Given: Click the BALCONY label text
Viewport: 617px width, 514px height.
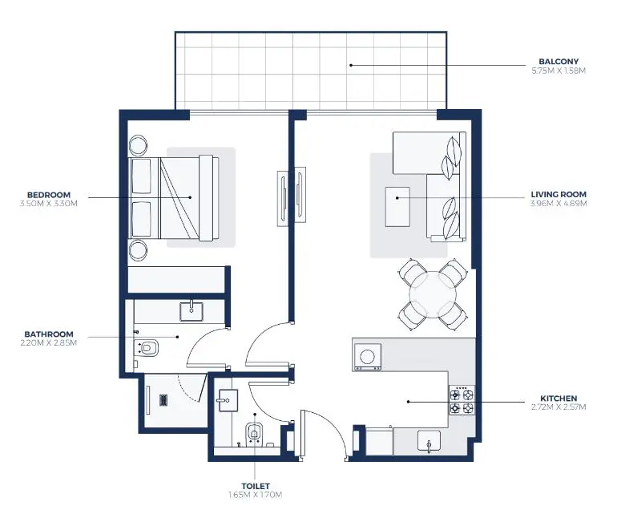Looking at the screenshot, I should pos(559,61).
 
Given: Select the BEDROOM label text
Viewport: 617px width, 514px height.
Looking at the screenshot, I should pos(49,195).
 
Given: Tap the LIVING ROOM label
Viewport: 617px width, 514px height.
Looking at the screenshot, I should pos(559,194).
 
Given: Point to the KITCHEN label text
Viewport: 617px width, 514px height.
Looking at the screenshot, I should pos(559,398).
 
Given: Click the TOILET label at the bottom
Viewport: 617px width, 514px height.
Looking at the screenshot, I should pos(255,486).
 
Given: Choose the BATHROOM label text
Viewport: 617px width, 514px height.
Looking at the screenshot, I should pos(49,334).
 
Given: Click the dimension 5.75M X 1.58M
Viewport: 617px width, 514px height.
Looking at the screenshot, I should pos(559,71).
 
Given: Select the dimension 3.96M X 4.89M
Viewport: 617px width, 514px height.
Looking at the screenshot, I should pos(559,204).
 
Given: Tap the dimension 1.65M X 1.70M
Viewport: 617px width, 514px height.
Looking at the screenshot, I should pos(255,496).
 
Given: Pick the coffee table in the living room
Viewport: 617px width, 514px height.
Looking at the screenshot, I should pos(397,207).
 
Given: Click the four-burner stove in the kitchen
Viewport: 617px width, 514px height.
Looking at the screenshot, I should pos(462,401).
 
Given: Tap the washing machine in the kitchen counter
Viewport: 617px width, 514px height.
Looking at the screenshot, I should pos(368,355).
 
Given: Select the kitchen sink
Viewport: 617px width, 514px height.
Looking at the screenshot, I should pos(429,441).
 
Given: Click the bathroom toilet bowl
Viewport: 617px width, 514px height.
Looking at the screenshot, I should pos(148,348).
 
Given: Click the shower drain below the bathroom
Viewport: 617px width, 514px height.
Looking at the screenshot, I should pos(163,399).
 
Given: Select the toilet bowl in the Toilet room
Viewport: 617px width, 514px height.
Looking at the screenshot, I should pos(254,433).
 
